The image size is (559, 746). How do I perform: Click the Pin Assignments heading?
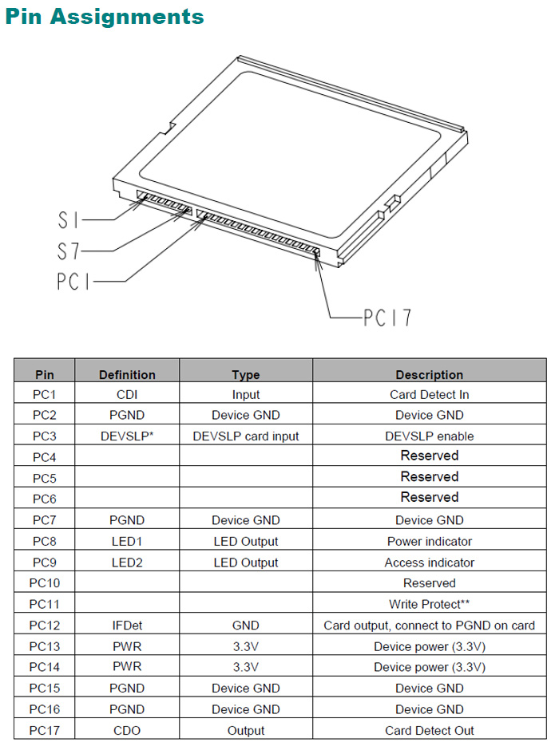105,16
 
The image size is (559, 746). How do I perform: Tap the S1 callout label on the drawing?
69,219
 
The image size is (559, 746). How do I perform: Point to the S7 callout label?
69,251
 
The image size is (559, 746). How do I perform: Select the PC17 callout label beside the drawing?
387,318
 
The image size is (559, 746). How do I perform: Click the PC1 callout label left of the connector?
73,281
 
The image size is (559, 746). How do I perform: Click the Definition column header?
127,375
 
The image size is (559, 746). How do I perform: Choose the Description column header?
430,375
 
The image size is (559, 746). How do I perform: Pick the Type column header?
246,375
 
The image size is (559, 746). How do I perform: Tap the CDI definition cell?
127,394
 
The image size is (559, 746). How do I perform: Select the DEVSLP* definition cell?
127,436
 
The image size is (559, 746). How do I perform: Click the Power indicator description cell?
430,541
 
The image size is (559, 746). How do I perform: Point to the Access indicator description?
430,562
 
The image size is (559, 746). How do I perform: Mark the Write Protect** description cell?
430,604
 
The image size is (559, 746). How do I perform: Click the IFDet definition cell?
127,626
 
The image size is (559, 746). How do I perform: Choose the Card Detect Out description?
430,730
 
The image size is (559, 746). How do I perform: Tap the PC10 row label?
44,583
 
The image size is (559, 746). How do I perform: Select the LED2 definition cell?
127,562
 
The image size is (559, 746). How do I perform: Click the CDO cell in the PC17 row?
127,730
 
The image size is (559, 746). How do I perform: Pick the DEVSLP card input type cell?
246,436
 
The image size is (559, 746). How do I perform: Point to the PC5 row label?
44,478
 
